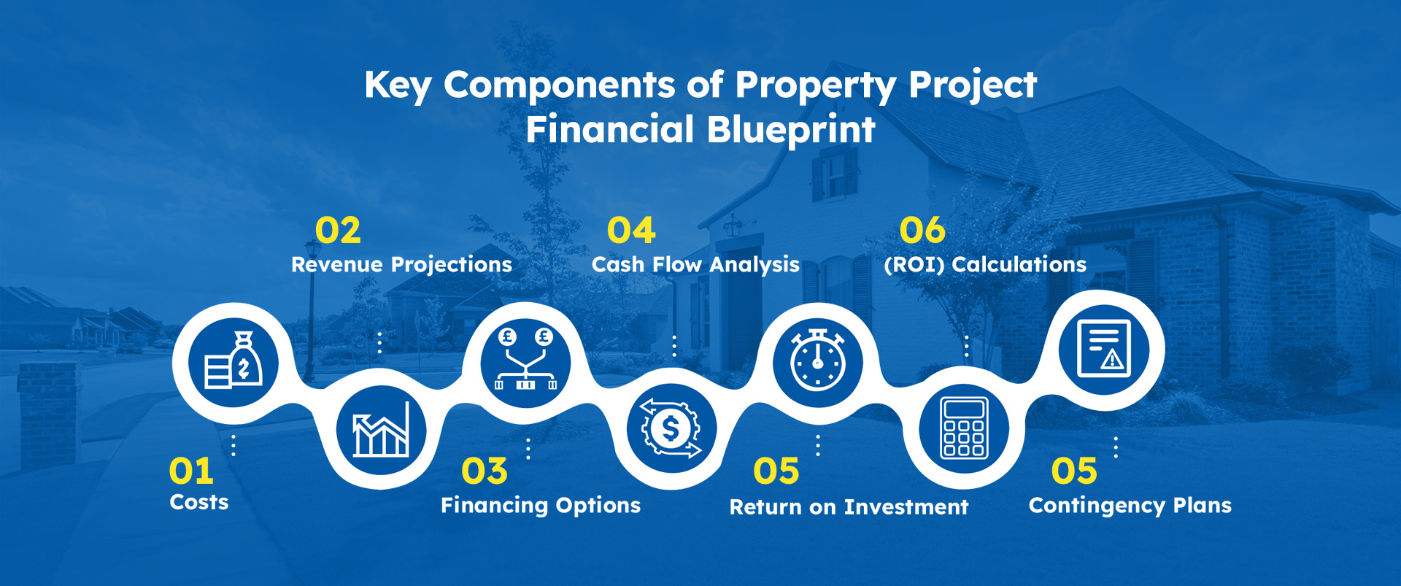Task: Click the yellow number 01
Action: pyautogui.click(x=191, y=471)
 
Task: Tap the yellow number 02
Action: pyautogui.click(x=338, y=231)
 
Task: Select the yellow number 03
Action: pyautogui.click(x=485, y=471)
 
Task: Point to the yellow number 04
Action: pyautogui.click(x=631, y=231)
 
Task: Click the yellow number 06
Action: pyautogui.click(x=922, y=231)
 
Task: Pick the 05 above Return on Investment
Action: pyautogui.click(x=776, y=471)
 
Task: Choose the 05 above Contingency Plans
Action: pyautogui.click(x=1074, y=471)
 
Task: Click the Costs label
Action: pyautogui.click(x=199, y=502)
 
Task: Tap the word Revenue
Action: pyautogui.click(x=338, y=264)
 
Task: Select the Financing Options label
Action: pyautogui.click(x=541, y=506)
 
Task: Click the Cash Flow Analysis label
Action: pyautogui.click(x=695, y=265)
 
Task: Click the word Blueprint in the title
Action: pyautogui.click(x=791, y=131)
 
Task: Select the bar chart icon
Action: pyautogui.click(x=381, y=431)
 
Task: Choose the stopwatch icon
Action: pyautogui.click(x=818, y=358)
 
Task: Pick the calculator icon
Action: pyautogui.click(x=964, y=428)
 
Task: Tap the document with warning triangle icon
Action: pyautogui.click(x=1104, y=348)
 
